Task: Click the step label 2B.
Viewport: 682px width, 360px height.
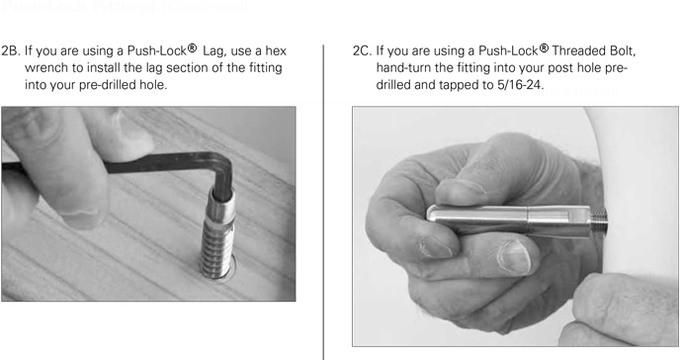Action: tap(11, 50)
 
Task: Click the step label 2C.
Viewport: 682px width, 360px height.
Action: tap(363, 50)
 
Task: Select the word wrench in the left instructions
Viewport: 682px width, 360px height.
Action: tap(47, 68)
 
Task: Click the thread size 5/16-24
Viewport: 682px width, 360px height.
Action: tap(520, 85)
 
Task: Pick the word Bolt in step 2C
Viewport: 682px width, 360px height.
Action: tap(623, 50)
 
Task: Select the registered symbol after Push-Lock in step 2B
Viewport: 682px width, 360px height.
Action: tap(192, 47)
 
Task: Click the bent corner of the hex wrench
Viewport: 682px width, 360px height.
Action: tap(223, 161)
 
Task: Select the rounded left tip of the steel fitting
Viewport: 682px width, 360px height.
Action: tap(431, 215)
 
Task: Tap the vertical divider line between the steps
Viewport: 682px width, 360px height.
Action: tap(323, 202)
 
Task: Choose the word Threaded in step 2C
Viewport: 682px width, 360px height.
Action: tap(578, 50)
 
